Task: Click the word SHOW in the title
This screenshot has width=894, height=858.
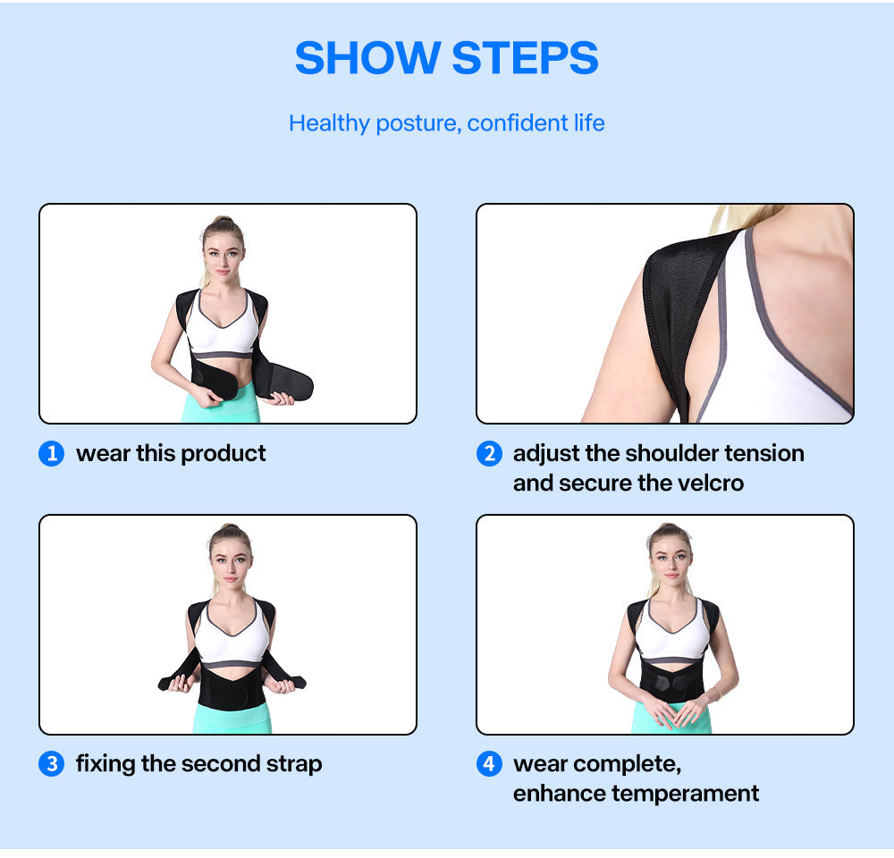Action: [x=367, y=58]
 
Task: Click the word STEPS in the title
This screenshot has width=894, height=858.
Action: [x=525, y=58]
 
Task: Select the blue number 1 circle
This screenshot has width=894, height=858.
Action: [x=52, y=454]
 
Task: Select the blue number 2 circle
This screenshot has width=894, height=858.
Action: [x=489, y=454]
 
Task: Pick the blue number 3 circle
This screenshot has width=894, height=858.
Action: [x=52, y=764]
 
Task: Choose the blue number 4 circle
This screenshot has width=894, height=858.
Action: [x=489, y=764]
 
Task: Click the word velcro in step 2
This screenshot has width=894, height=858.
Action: [x=711, y=484]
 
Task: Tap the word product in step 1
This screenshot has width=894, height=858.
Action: [x=223, y=454]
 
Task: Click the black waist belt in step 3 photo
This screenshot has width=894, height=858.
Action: [x=231, y=690]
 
